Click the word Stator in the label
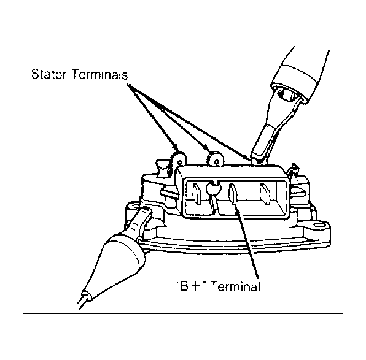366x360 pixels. tap(49, 74)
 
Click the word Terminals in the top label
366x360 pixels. tap(100, 74)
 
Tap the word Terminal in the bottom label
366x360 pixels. tap(235, 286)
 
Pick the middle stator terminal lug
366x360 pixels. tap(216, 159)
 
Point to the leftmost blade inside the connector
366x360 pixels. tap(197, 194)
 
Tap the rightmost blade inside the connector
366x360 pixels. tap(265, 193)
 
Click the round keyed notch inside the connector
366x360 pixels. tap(213, 186)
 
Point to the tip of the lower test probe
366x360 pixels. tap(146, 210)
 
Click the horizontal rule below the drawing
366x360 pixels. tap(183, 313)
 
